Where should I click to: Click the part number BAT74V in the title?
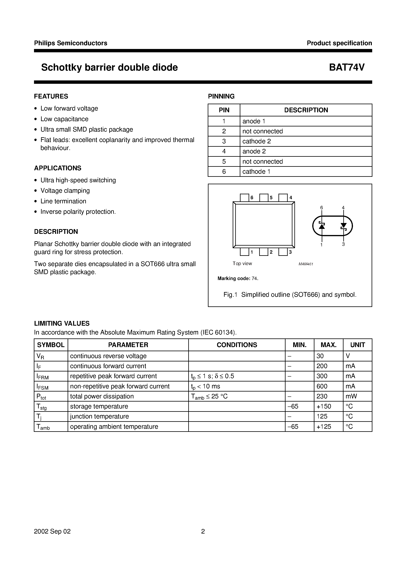tap(347, 67)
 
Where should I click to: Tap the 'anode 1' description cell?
tap(254, 121)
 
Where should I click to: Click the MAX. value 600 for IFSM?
tap(322, 386)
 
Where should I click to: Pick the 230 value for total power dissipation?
tap(322, 396)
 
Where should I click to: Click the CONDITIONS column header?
tap(237, 345)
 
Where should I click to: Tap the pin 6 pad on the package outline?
tap(244, 198)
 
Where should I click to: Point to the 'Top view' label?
tap(242, 264)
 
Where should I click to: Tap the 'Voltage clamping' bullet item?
tap(65, 191)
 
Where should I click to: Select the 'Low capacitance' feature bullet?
tap(64, 119)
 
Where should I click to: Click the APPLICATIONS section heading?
tap(58, 168)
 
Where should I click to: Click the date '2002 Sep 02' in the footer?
tap(52, 531)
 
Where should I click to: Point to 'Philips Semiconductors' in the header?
tap(71, 43)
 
